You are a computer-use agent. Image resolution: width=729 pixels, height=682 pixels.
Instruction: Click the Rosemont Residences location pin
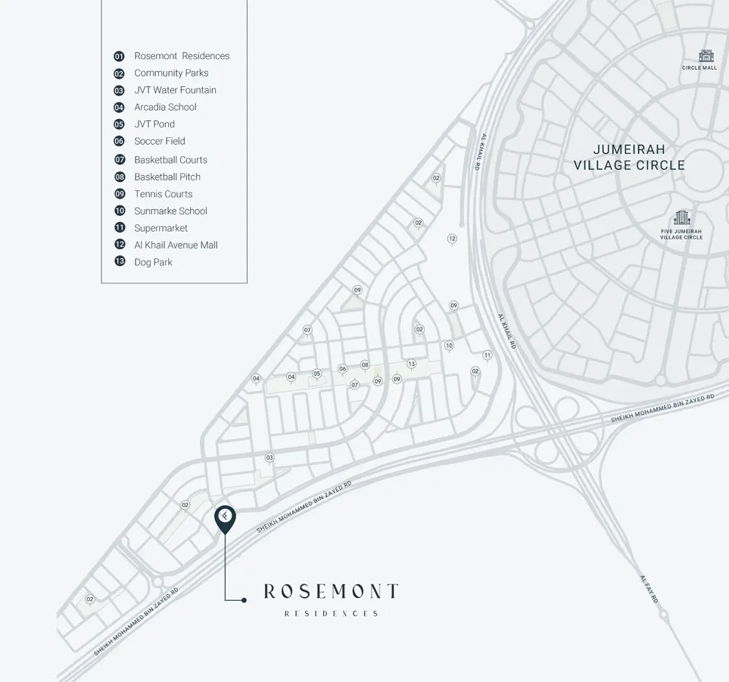[x=225, y=518]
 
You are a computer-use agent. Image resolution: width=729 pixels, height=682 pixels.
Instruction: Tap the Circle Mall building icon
[x=706, y=57]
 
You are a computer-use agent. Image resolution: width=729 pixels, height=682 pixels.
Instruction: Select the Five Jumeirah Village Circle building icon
[x=681, y=218]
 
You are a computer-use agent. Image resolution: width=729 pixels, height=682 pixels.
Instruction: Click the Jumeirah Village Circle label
[x=629, y=157]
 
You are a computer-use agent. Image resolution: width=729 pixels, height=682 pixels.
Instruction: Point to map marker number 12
[x=452, y=239]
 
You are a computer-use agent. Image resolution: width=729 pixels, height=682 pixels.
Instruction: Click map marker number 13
[x=411, y=364]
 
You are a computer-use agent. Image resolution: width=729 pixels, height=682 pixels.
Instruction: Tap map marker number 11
[x=487, y=355]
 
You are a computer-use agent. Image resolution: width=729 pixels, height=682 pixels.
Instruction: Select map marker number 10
[x=449, y=346]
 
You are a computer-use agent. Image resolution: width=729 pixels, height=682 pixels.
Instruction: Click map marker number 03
[x=269, y=458]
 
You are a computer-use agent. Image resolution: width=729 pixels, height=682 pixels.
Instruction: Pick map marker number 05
[x=316, y=374]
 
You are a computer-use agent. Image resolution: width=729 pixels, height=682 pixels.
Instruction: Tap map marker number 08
[x=365, y=365]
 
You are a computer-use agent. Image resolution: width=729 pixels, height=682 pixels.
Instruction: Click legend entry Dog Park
[x=153, y=262]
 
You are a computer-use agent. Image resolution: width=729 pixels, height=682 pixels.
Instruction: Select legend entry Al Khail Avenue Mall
[x=176, y=245]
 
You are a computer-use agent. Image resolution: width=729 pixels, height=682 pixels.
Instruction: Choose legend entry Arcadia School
[x=165, y=107]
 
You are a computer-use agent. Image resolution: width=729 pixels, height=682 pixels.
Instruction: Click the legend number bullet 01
[x=119, y=56]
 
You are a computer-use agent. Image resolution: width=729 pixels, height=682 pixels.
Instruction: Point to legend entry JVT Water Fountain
[x=175, y=90]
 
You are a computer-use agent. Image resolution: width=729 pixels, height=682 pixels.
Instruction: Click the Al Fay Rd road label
[x=649, y=589]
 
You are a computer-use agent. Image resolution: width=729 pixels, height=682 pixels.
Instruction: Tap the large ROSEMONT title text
[x=331, y=591]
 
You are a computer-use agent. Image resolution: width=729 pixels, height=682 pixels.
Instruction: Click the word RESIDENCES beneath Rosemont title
[x=331, y=614]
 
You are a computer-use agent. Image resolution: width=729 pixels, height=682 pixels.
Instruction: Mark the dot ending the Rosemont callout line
[x=244, y=600]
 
